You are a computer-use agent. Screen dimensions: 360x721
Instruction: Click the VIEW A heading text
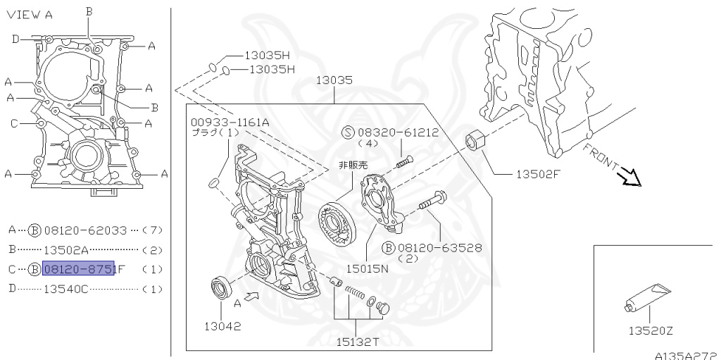pos(30,15)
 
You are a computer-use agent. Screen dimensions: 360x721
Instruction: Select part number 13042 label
pos(222,326)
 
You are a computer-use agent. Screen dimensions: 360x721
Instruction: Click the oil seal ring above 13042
pos(222,289)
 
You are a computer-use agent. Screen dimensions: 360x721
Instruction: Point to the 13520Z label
pos(651,330)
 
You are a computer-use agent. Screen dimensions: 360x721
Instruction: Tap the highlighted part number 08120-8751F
pos(78,268)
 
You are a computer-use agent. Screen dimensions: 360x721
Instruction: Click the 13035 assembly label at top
pos(334,81)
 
